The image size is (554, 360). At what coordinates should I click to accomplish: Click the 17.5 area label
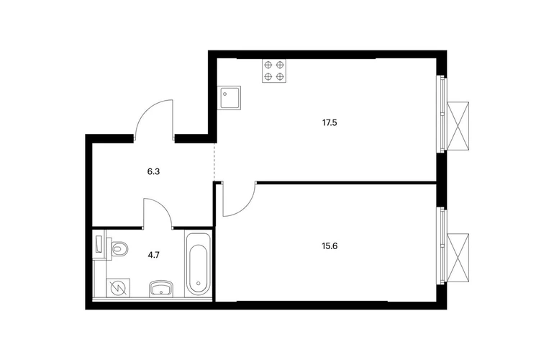(x=330, y=123)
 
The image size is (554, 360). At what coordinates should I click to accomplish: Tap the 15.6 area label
(x=330, y=246)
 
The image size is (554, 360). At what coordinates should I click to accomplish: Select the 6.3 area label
(x=153, y=172)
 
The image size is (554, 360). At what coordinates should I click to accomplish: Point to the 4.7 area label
(x=154, y=255)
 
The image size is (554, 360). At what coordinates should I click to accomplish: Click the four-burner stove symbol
(x=274, y=71)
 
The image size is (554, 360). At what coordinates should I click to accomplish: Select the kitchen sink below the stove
(x=229, y=98)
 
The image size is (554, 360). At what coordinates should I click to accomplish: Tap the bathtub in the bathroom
(x=198, y=264)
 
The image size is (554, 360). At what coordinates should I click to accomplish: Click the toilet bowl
(x=119, y=249)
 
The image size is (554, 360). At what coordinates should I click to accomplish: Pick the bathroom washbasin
(x=162, y=288)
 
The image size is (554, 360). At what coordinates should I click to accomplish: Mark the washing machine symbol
(x=118, y=288)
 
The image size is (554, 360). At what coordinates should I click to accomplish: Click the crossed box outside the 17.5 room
(x=458, y=126)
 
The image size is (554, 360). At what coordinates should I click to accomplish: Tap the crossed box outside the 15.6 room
(x=458, y=258)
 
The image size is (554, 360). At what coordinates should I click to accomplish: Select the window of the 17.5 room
(x=442, y=114)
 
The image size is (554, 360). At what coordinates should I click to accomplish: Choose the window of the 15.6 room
(x=442, y=246)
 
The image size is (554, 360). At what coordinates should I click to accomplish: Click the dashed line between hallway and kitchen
(x=214, y=161)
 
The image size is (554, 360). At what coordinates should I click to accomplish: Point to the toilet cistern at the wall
(x=99, y=245)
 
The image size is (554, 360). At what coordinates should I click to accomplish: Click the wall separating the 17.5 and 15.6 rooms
(x=346, y=182)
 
